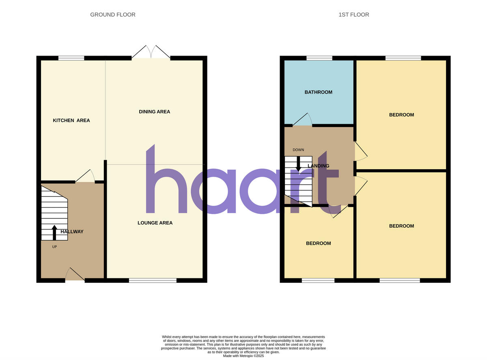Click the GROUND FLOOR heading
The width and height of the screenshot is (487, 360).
coord(113,15)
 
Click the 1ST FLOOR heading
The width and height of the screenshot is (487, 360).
coord(353,15)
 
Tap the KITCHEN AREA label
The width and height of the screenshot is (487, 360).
coord(71,121)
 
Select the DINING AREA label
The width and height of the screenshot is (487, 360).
coord(155,112)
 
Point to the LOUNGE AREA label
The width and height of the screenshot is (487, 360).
coord(155,223)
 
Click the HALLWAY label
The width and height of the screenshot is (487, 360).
coord(72,232)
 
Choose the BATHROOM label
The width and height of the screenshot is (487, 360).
coord(319,92)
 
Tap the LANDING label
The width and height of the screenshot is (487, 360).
coord(319,166)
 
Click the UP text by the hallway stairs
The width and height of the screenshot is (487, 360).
coord(54,247)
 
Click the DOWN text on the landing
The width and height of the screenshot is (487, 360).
coord(298,150)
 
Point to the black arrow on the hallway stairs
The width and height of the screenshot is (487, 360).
coord(54,233)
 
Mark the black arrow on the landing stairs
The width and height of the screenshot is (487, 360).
coord(298,163)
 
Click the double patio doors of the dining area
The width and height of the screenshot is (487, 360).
coord(151,53)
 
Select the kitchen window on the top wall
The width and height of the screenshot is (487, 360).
coord(71,58)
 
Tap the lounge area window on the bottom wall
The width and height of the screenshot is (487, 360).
coord(153,280)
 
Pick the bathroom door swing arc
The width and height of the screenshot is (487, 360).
coord(303,120)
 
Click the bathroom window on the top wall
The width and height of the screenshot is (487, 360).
coord(319,58)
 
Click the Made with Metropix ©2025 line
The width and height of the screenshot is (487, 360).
coord(243,356)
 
